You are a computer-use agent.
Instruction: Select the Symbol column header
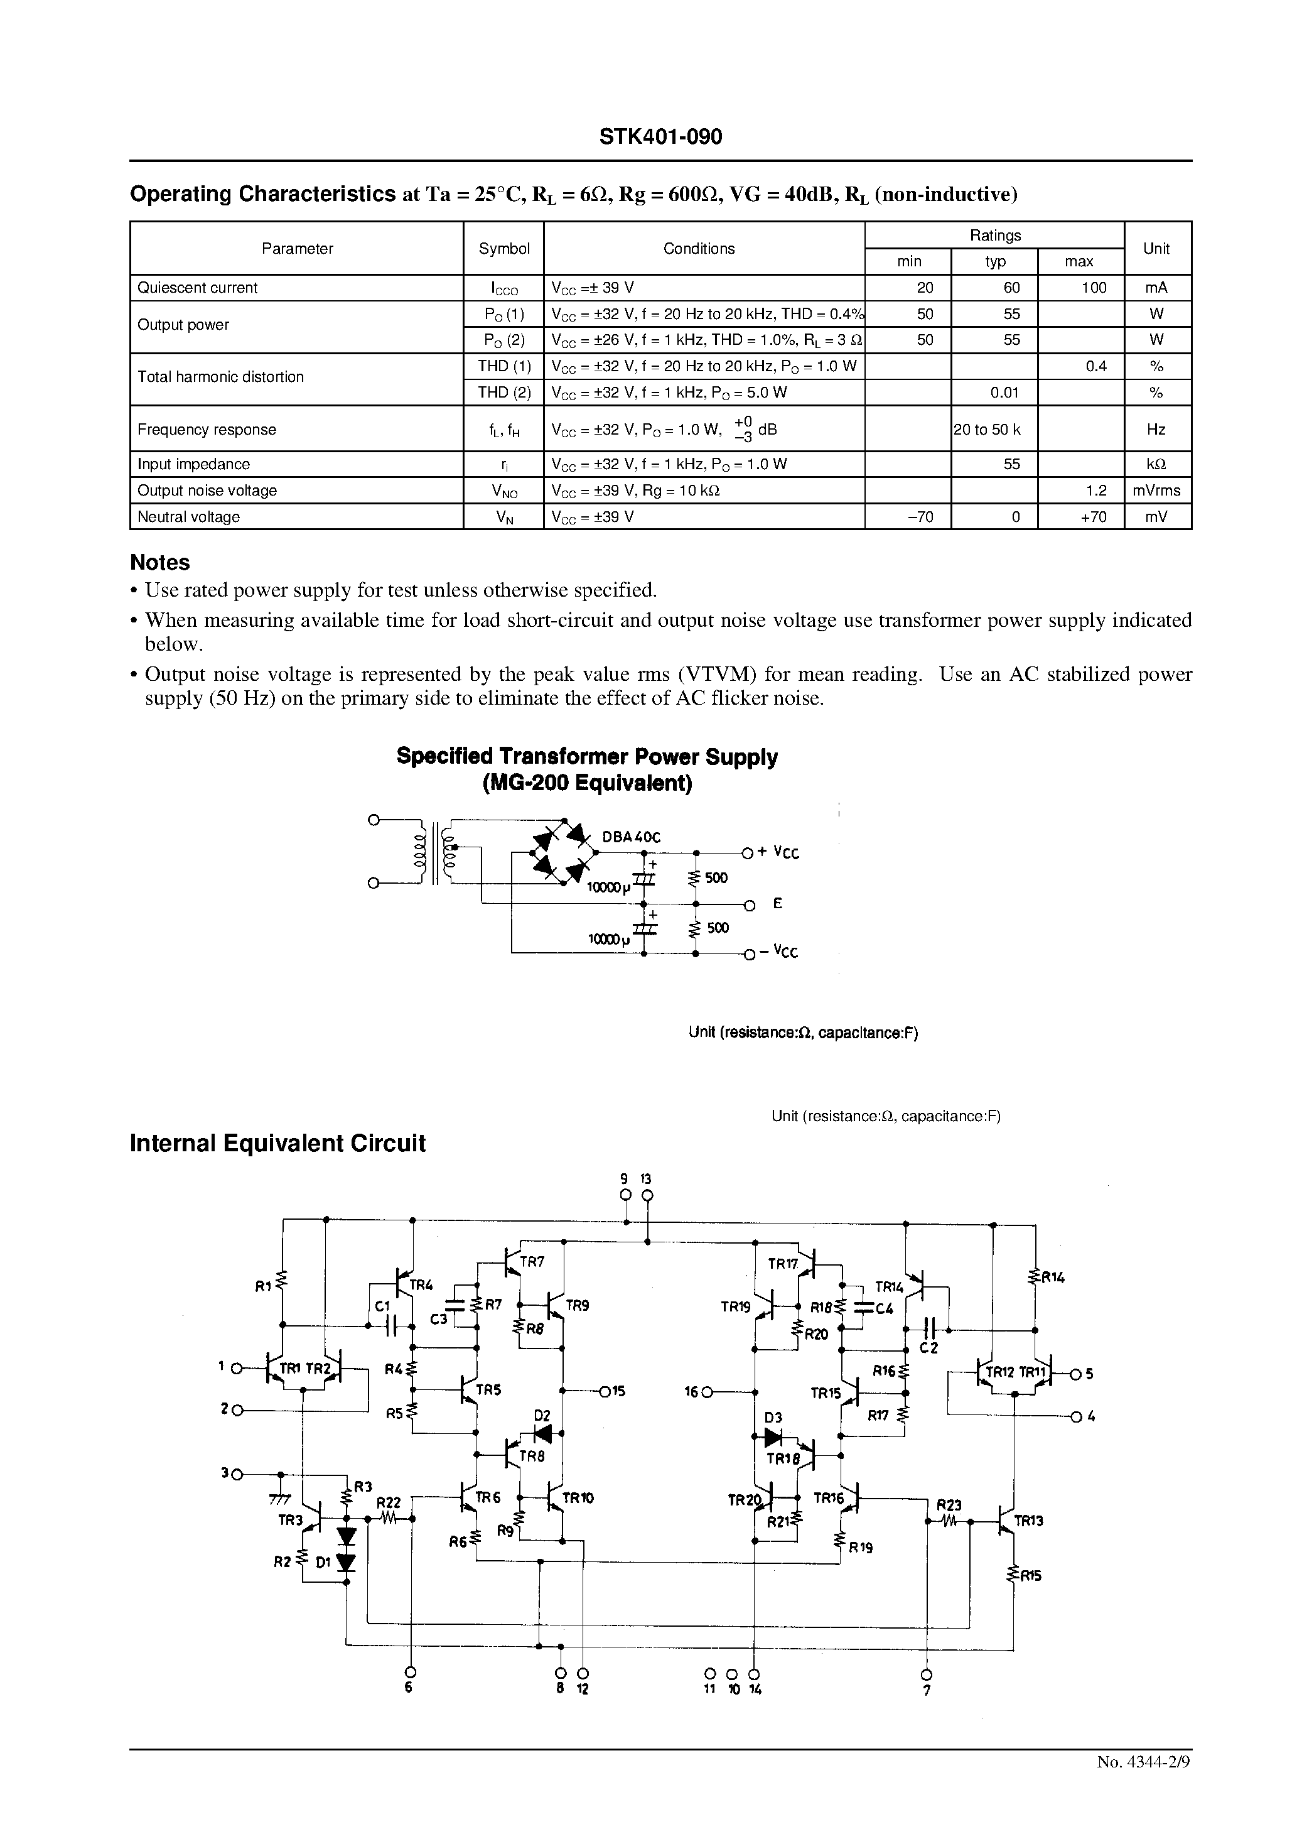point(504,249)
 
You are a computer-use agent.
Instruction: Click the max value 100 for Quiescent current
point(1094,288)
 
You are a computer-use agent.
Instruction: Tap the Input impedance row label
point(193,464)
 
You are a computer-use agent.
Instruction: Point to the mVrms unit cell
point(1156,491)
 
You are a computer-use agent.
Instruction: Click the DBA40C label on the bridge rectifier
point(631,837)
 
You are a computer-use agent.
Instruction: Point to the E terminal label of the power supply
point(777,903)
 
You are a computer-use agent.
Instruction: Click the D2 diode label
point(542,1416)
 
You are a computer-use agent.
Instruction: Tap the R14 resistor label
point(1053,1278)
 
